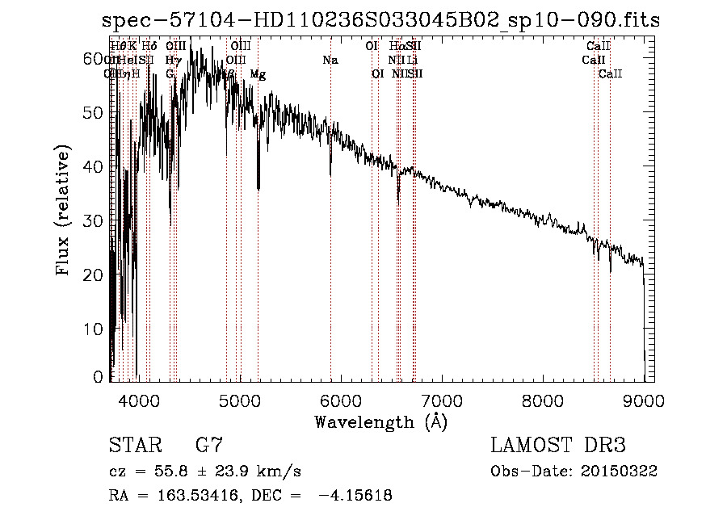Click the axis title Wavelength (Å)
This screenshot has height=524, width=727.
click(x=380, y=421)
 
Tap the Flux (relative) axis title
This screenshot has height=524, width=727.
click(x=64, y=209)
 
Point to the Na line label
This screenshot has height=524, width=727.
click(x=330, y=61)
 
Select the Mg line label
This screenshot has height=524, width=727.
click(x=258, y=74)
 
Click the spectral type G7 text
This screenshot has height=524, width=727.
click(x=209, y=445)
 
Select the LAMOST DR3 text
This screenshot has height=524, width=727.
click(x=558, y=445)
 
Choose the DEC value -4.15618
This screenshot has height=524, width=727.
click(x=355, y=496)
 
